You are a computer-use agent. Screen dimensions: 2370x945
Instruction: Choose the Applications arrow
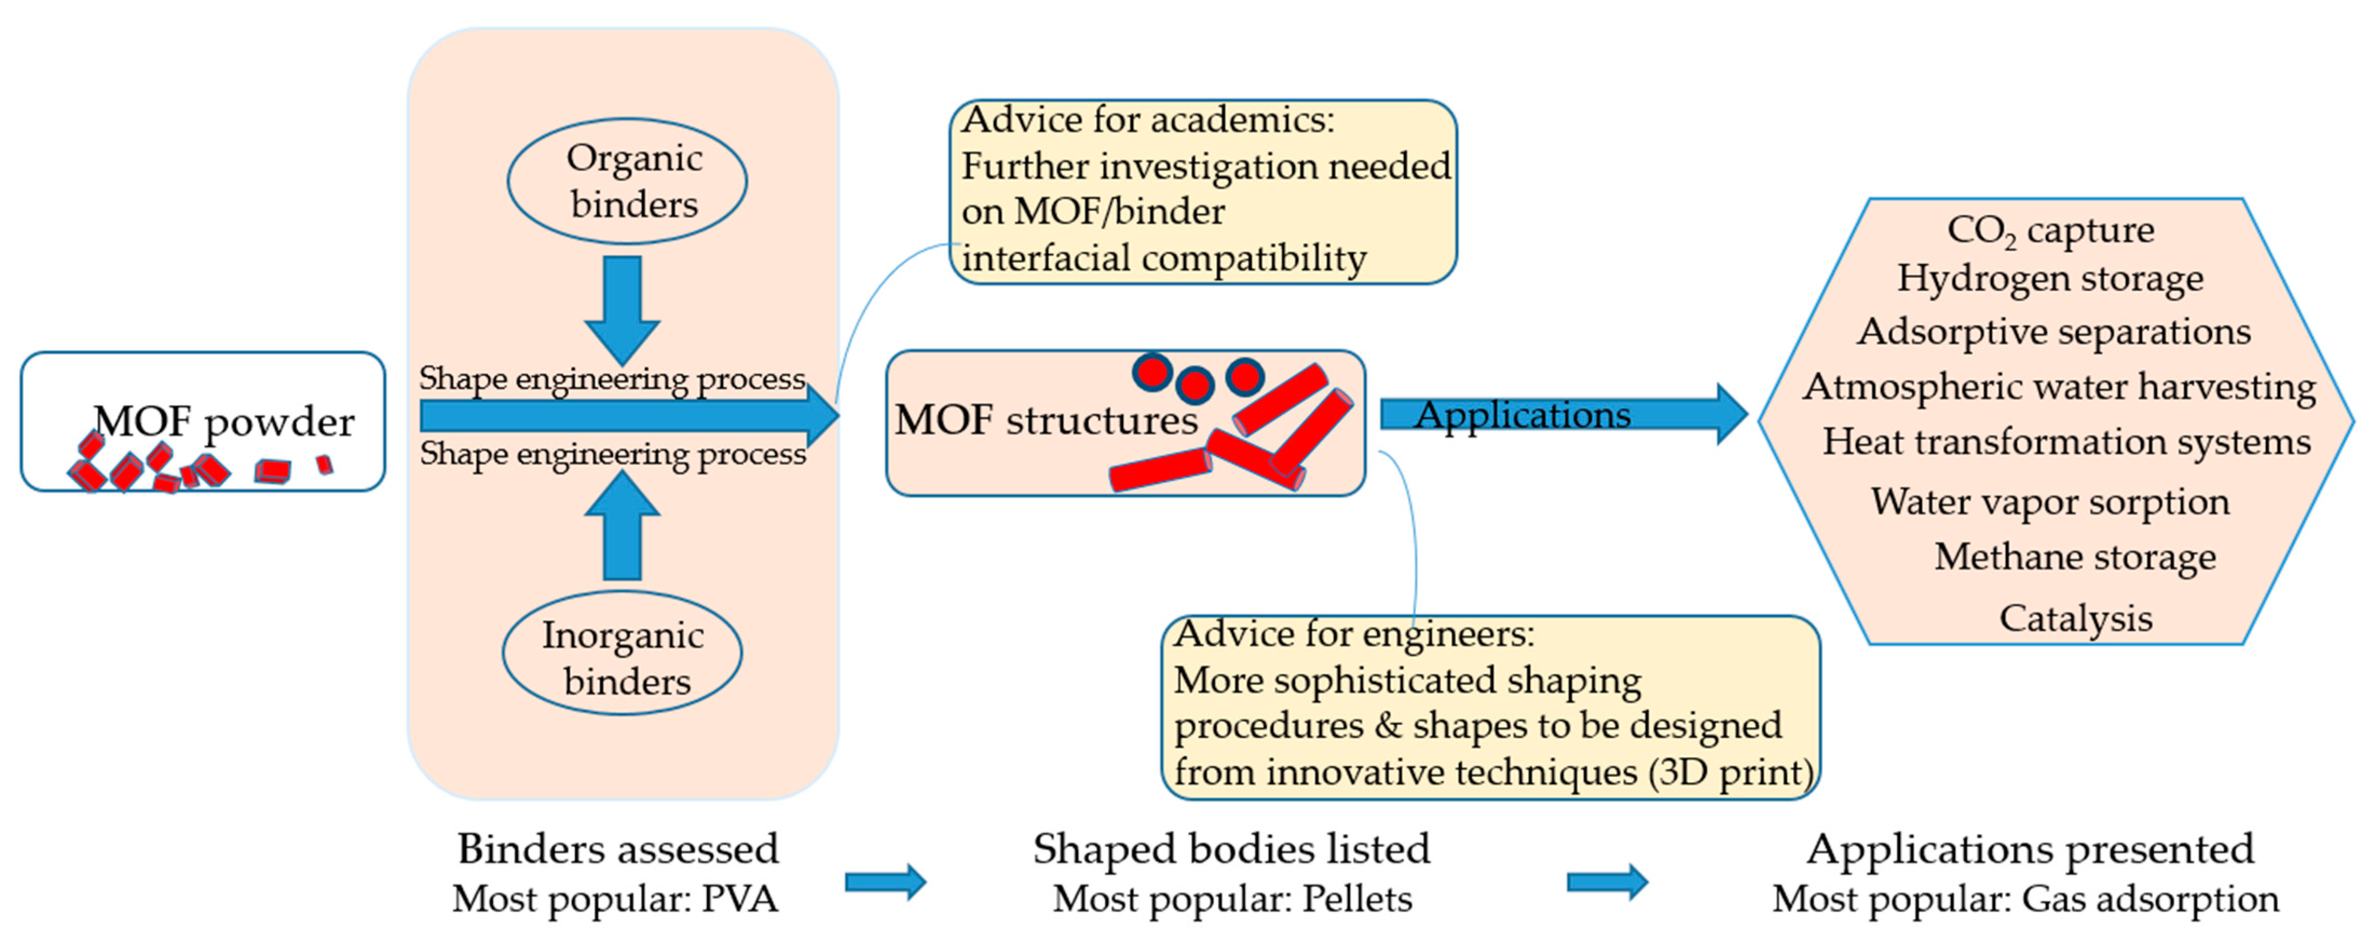click(1564, 414)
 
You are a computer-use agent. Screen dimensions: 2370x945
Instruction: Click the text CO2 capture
click(2051, 231)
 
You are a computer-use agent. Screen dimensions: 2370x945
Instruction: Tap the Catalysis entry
click(2075, 618)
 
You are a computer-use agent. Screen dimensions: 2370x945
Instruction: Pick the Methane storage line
click(2075, 557)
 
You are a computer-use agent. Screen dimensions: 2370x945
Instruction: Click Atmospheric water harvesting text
click(2059, 386)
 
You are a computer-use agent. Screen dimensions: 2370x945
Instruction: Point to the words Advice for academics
click(1148, 120)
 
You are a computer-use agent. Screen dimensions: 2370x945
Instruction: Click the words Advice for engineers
click(1354, 633)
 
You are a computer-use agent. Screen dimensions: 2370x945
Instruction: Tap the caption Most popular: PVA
click(616, 899)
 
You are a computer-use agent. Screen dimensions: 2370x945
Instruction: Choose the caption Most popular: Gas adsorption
click(2026, 899)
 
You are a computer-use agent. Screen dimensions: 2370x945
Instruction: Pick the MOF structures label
click(1046, 420)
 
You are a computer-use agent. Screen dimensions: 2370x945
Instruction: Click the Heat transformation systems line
click(2066, 442)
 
